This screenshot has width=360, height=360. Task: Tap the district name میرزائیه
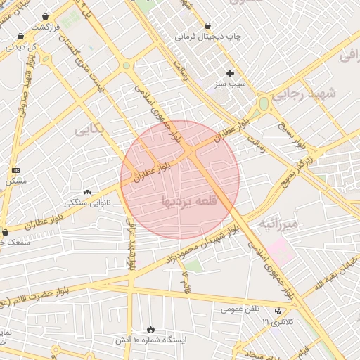pyautogui.click(x=280, y=224)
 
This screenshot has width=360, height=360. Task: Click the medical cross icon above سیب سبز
pyautogui.click(x=231, y=73)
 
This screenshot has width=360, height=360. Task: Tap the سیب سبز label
pyautogui.click(x=231, y=83)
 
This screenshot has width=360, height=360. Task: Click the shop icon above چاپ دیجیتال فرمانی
pyautogui.click(x=208, y=26)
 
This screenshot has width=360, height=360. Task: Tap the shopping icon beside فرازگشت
pyautogui.click(x=46, y=17)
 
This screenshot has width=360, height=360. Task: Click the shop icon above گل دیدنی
pyautogui.click(x=20, y=37)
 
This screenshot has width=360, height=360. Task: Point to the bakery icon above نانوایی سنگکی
pyautogui.click(x=87, y=193)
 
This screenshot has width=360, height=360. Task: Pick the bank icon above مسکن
pyautogui.click(x=15, y=171)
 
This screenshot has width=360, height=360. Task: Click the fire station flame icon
pyautogui.click(x=150, y=329)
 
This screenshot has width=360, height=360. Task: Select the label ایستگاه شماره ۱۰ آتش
pyautogui.click(x=151, y=340)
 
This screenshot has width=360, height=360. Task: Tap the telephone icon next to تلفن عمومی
pyautogui.click(x=278, y=309)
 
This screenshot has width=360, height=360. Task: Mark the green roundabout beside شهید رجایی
pyautogui.click(x=263, y=104)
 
